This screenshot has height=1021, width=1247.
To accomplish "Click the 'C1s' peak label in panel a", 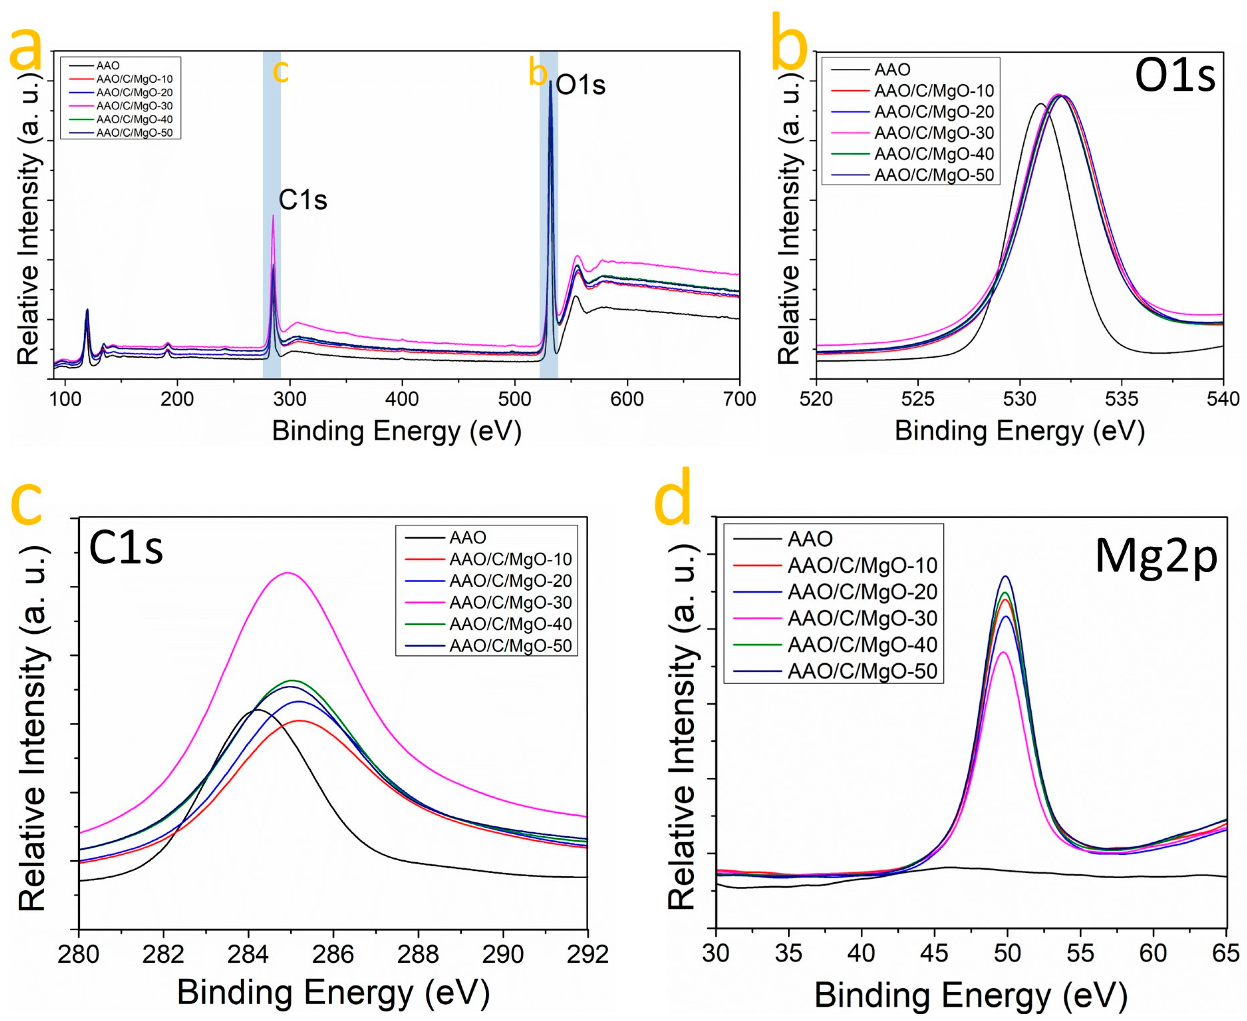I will pyautogui.click(x=302, y=200).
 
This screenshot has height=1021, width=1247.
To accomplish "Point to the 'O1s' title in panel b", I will pyautogui.click(x=1174, y=76).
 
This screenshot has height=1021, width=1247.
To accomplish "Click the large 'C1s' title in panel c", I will pyautogui.click(x=125, y=548).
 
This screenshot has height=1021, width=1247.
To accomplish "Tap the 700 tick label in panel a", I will pyautogui.click(x=739, y=399).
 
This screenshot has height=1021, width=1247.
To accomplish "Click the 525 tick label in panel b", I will pyautogui.click(x=917, y=399).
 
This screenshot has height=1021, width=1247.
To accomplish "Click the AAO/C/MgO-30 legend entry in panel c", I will pyautogui.click(x=510, y=602).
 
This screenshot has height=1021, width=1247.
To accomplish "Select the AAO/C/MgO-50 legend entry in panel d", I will pyautogui.click(x=862, y=671).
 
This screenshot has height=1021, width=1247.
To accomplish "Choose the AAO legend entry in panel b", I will pyautogui.click(x=892, y=70).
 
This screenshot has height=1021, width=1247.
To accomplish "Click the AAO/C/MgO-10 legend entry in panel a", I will pyautogui.click(x=135, y=79).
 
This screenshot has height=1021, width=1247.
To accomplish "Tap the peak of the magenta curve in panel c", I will pyautogui.click(x=288, y=573).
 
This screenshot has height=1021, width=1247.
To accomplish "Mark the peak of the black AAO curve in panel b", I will pyautogui.click(x=1040, y=104).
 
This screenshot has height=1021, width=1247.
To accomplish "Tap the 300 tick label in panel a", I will pyautogui.click(x=290, y=399).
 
